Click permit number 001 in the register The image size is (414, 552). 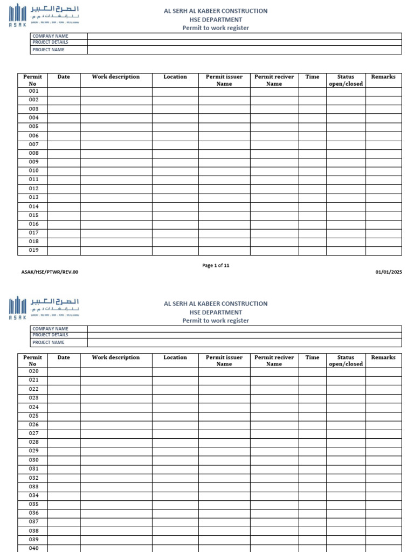[x=34, y=91]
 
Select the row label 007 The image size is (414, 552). [x=34, y=144]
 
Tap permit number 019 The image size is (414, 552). [x=34, y=251]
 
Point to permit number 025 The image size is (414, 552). [x=34, y=416]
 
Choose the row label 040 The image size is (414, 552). [x=34, y=548]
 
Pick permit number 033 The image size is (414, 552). [x=34, y=486]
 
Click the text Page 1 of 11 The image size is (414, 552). [x=216, y=265]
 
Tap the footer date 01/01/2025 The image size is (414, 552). [x=389, y=272]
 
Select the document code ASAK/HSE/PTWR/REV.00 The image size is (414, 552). [x=50, y=272]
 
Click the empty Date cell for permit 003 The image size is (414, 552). [x=64, y=109]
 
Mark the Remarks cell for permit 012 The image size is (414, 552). [x=383, y=189]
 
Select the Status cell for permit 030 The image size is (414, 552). [x=346, y=460]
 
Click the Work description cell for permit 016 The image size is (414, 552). [x=116, y=224]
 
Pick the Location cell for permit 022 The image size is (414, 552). [x=175, y=389]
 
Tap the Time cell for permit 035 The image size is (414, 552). [x=312, y=504]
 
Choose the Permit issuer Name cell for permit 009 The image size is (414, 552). [x=224, y=162]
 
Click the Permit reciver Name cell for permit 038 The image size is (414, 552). [x=274, y=530]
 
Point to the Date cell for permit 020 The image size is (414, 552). [x=64, y=371]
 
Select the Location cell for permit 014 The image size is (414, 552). [x=175, y=206]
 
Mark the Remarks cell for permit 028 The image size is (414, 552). [x=383, y=442]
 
